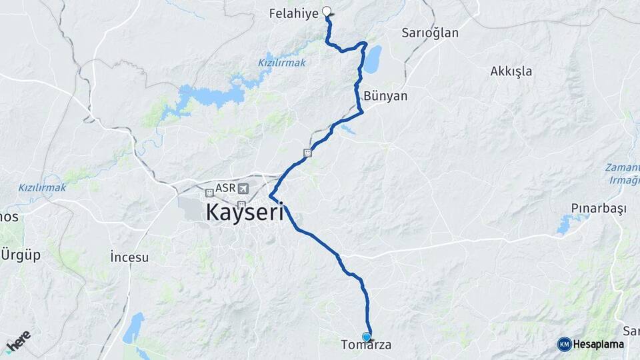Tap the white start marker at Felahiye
click(x=327, y=11)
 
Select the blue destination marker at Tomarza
click(x=366, y=337)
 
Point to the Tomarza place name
click(x=366, y=346)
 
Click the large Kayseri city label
click(x=245, y=213)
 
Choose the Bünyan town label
click(x=385, y=96)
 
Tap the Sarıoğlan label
click(x=430, y=33)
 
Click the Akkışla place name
click(x=511, y=71)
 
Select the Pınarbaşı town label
click(x=599, y=209)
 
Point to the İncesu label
click(x=129, y=257)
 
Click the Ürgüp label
click(x=21, y=255)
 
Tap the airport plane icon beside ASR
click(x=242, y=189)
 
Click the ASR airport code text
click(x=225, y=189)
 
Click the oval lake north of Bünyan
click(x=372, y=59)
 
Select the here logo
click(x=18, y=341)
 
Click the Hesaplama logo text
click(x=598, y=345)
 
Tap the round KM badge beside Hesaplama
click(x=564, y=344)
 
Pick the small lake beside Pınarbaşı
click(x=564, y=225)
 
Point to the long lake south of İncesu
click(x=134, y=328)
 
